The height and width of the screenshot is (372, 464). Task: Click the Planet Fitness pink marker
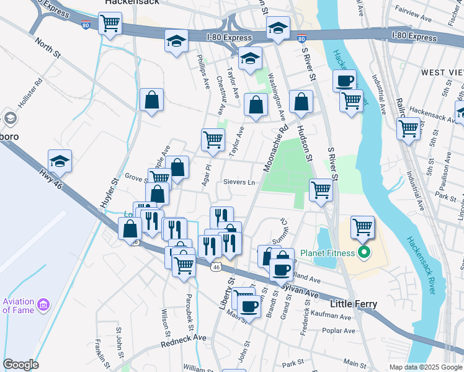pyautogui.click(x=364, y=252)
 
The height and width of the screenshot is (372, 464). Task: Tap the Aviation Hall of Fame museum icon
pyautogui.click(x=43, y=304)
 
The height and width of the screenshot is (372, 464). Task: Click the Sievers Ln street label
pyautogui.click(x=239, y=182)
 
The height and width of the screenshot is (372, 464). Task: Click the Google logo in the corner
pyautogui.click(x=20, y=364)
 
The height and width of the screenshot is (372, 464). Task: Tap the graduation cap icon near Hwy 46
pyautogui.click(x=60, y=161)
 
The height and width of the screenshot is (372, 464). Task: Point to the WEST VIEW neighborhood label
pyautogui.click(x=442, y=73)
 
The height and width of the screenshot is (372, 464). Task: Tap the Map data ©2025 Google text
pyautogui.click(x=425, y=367)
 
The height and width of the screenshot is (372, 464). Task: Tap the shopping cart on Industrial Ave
pyautogui.click(x=408, y=128)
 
